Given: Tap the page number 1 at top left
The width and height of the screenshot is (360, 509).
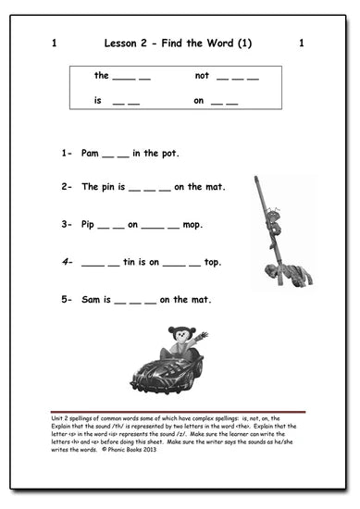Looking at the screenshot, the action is click(56, 43).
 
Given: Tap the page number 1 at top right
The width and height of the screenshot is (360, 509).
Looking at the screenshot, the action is click(302, 43).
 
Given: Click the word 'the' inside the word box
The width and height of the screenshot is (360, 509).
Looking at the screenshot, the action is click(102, 75).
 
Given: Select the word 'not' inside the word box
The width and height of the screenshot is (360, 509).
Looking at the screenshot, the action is click(203, 75).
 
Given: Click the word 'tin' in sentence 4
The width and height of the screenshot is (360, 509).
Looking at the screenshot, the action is click(132, 262).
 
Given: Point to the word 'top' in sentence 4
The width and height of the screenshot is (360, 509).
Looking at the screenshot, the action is click(212, 263).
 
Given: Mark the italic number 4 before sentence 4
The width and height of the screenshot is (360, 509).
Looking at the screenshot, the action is click(66, 262).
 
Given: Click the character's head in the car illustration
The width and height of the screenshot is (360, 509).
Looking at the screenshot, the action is click(177, 334).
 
